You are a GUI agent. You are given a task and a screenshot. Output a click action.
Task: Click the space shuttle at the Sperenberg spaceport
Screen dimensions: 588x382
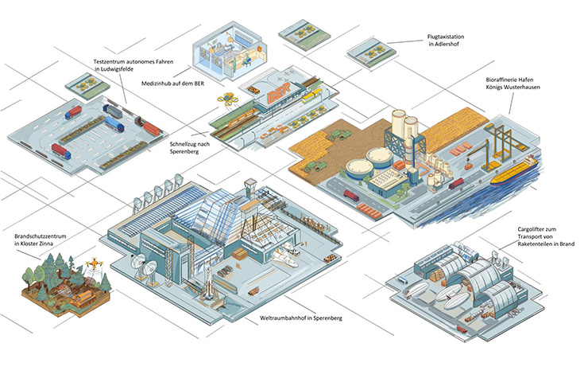click(x=284, y=258)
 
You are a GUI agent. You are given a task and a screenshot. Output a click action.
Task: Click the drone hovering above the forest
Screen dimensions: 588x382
click(x=94, y=263)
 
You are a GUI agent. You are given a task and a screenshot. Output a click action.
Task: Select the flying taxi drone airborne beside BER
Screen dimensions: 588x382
click(x=226, y=99)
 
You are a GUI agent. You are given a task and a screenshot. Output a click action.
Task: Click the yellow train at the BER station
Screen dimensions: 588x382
click(x=313, y=95)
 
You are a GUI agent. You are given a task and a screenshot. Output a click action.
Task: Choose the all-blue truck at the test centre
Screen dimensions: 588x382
click(x=114, y=123)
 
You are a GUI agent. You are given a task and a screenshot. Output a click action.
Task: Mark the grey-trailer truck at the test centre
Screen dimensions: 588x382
click(x=113, y=111)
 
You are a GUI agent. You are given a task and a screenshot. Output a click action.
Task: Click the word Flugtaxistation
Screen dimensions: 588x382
click(x=446, y=37)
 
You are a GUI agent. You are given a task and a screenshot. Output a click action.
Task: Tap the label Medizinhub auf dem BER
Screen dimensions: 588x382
click(x=173, y=84)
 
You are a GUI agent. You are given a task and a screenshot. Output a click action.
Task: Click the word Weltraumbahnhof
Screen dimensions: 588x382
click(x=279, y=318)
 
